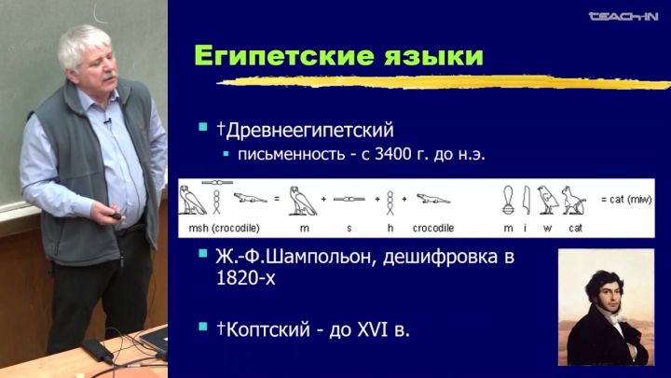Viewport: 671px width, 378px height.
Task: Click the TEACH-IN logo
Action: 623,17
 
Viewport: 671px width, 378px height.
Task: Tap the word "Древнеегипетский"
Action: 309,130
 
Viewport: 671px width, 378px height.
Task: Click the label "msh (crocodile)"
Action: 225,228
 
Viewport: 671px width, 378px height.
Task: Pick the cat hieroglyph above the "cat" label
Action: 574,200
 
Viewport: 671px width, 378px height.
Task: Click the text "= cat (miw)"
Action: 626,200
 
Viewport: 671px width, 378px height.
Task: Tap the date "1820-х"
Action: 246,278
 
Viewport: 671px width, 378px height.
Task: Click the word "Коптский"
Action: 267,329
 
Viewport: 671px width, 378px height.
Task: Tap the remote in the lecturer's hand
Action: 116,217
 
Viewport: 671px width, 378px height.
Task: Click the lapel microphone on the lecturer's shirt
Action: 107,121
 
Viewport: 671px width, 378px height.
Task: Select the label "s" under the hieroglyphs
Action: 349,229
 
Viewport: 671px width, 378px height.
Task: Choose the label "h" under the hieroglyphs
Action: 390,228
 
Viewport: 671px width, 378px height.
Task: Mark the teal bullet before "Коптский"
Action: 203,328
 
